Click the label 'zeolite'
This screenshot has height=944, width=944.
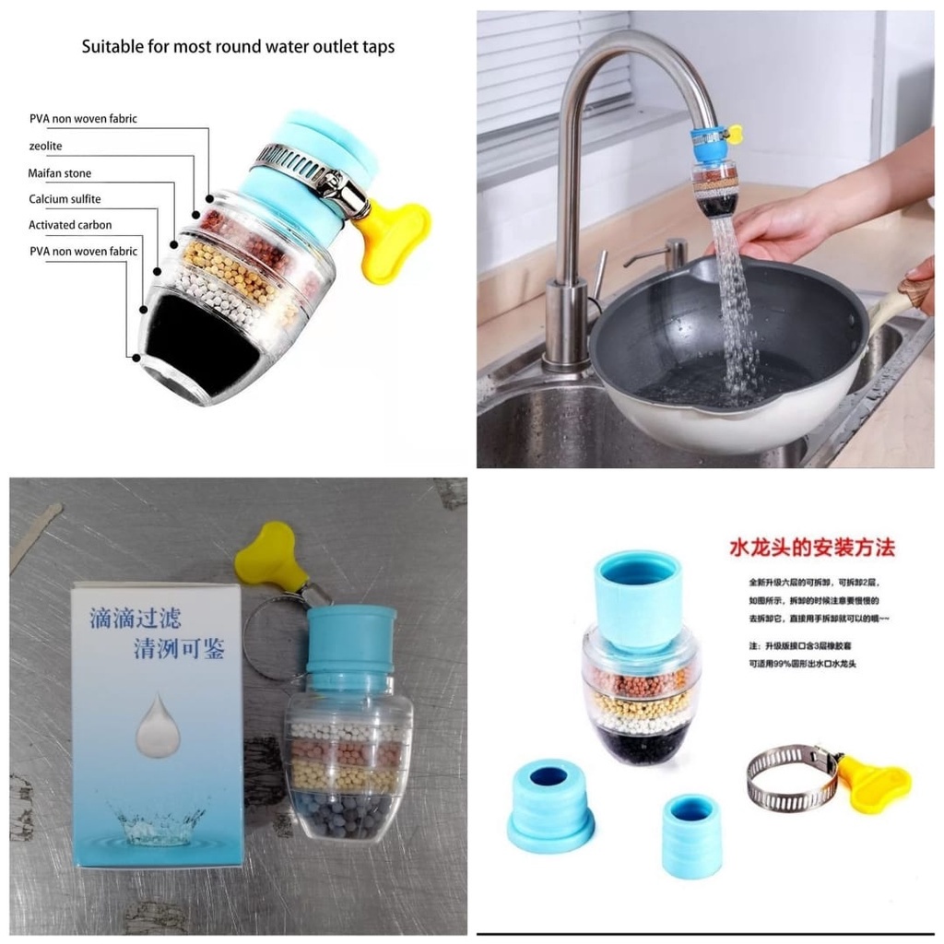45,146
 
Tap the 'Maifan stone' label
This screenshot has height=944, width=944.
60,172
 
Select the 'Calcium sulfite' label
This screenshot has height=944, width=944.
65,198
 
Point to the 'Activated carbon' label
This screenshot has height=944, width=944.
70,225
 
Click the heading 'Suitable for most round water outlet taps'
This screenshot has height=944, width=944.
238,46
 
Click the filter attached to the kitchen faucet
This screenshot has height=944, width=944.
715,175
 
